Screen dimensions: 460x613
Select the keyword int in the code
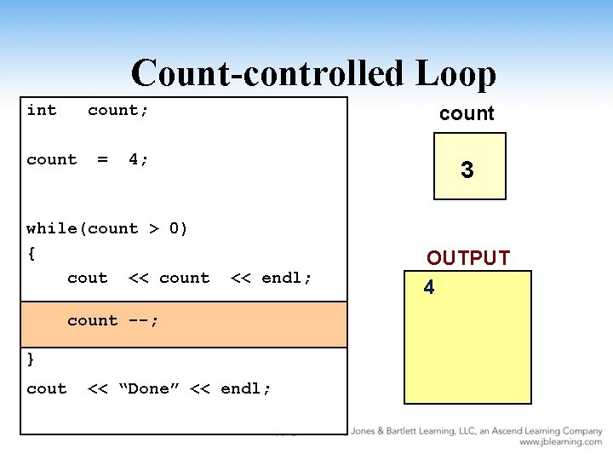42,110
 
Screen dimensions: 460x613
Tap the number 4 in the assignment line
134,159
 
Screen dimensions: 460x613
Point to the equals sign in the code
102,159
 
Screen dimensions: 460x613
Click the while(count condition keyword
82,228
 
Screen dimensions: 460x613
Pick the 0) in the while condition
179,228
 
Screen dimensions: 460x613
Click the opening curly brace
32,253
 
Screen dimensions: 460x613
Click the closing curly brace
32,358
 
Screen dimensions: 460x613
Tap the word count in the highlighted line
92,321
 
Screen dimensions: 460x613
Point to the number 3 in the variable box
467,170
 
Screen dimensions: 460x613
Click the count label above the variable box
467,113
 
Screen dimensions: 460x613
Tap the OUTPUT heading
468,258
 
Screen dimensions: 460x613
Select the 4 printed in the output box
429,288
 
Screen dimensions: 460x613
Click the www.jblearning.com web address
560,442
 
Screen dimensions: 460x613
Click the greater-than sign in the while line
154,228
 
